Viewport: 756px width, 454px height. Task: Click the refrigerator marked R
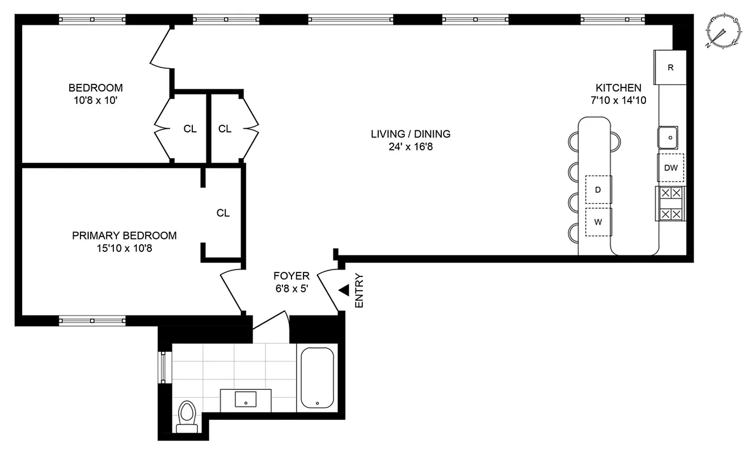[670, 68]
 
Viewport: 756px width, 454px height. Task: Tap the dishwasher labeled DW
[671, 168]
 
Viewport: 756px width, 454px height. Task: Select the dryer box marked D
[598, 190]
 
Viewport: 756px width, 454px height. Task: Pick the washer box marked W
[598, 222]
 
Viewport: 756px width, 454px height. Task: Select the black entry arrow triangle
[344, 291]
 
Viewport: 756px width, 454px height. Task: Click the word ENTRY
[358, 291]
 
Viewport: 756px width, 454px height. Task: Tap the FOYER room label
[292, 276]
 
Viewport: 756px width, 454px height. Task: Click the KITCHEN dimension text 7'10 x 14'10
[618, 100]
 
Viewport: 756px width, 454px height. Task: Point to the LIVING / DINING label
[411, 134]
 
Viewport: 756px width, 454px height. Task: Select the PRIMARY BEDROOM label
[124, 236]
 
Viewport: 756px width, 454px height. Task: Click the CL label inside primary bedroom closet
[223, 213]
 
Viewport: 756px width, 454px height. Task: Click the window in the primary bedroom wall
[92, 321]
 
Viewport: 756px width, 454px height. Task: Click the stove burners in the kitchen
[670, 204]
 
